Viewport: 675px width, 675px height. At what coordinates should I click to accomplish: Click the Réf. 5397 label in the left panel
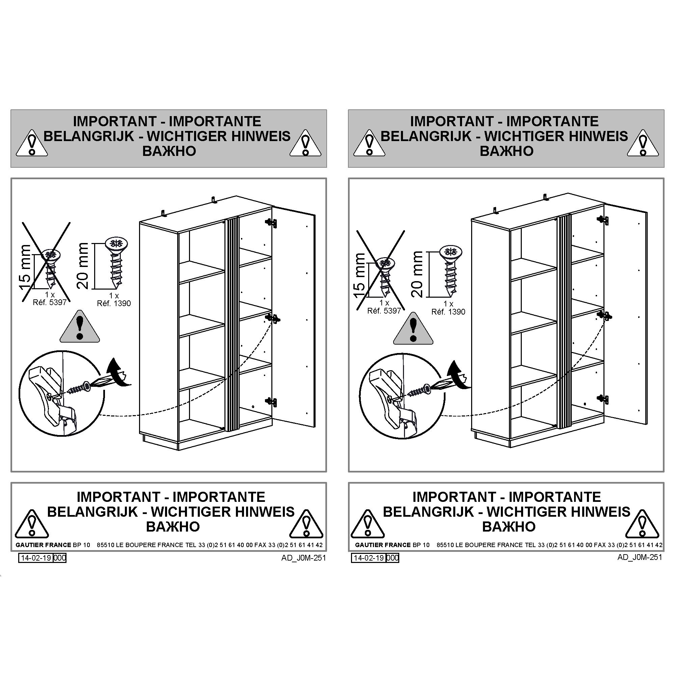pos(50,302)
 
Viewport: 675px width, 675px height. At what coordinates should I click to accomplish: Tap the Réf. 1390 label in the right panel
pos(448,312)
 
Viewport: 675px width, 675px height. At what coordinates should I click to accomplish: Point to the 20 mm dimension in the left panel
pos(83,266)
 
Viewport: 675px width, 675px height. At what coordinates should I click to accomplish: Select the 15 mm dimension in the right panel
pos(360,276)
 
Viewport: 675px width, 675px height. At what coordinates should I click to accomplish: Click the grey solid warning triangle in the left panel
pos(80,326)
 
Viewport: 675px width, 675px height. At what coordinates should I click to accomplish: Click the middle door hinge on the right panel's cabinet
pos(604,316)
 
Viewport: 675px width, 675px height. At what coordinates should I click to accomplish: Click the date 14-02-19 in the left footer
pos(36,558)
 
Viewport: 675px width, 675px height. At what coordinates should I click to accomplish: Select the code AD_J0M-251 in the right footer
pos(640,557)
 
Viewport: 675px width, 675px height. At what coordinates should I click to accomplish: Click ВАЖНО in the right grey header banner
pos(506,151)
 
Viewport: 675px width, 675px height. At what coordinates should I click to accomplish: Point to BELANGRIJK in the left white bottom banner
pos(92,512)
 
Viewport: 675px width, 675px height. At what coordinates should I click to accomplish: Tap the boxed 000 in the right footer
pos(393,558)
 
